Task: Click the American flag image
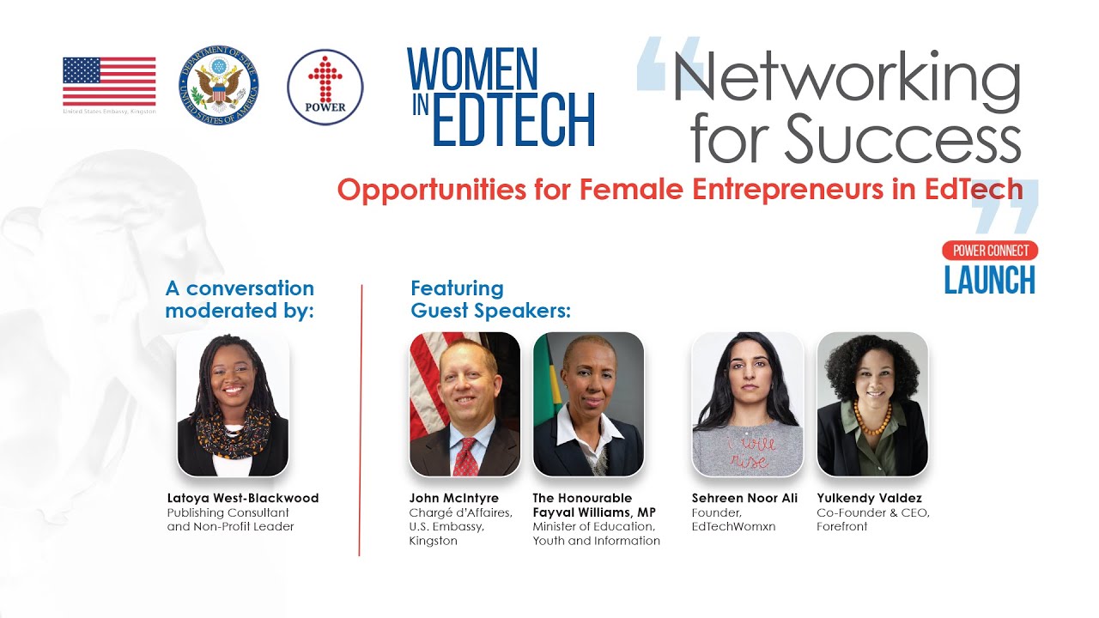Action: pos(109,82)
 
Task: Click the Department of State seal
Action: pos(218,88)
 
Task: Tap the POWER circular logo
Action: pos(325,88)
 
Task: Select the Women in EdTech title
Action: pos(501,96)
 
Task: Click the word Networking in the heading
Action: pos(846,77)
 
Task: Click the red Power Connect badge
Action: pos(990,251)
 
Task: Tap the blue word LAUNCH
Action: pos(989,280)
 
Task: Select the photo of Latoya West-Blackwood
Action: pos(233,404)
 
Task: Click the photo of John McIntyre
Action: pos(464,404)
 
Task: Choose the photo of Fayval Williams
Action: pos(588,404)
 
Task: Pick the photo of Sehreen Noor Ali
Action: pos(747,404)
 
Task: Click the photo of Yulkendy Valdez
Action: pos(871,404)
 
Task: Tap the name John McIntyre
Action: pos(453,498)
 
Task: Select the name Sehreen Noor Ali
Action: pos(744,498)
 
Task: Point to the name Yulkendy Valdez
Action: pos(869,498)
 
